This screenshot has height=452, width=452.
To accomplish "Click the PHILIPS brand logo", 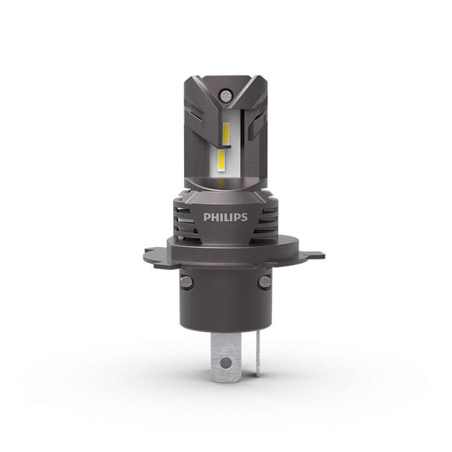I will point(225,217).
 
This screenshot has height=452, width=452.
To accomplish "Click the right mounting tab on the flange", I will point(314,254).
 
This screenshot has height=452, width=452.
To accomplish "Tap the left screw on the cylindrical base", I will point(186,281).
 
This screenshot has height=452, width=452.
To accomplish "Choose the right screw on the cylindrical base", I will point(265,281).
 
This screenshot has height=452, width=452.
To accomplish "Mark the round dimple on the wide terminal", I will point(225,363).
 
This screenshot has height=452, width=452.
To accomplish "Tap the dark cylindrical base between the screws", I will point(225,300).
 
